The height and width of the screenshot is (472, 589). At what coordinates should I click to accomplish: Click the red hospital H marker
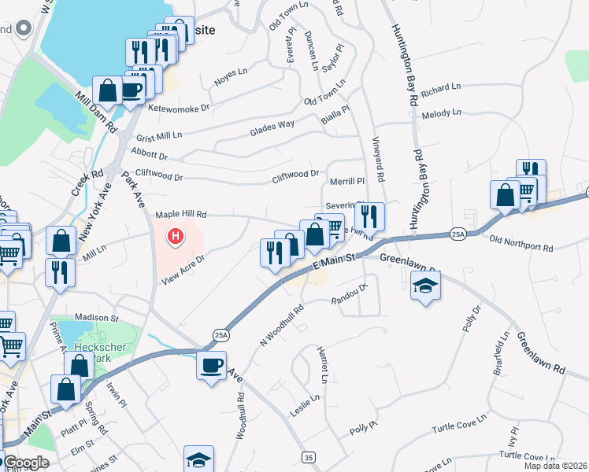click(x=176, y=234)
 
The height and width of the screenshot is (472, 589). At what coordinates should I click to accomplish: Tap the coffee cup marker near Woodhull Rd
click(x=211, y=366)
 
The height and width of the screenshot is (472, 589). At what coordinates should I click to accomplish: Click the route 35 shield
click(x=308, y=457)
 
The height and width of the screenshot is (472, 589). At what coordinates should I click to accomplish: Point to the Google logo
click(x=27, y=463)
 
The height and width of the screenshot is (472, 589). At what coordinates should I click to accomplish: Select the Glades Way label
click(x=272, y=127)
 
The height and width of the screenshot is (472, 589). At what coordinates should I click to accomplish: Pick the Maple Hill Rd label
click(x=180, y=214)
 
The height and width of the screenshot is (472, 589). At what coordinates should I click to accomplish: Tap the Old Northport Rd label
click(x=520, y=243)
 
